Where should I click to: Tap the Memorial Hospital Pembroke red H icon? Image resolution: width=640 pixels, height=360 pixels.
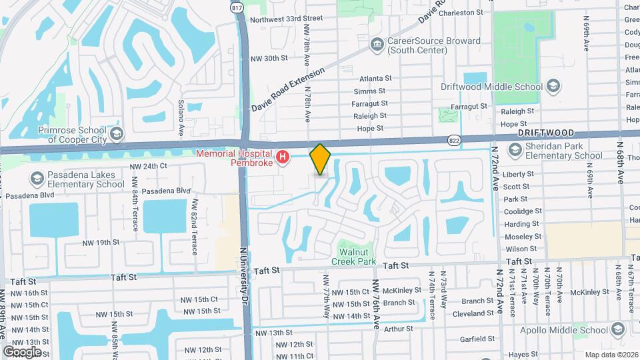(283, 157)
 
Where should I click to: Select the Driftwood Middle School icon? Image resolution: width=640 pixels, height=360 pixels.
(552, 86)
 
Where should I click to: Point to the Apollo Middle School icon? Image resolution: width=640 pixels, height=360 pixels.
(618, 329)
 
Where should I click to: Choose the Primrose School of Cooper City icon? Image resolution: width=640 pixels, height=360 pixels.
(117, 135)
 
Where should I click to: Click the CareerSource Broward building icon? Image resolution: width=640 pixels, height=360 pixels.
(377, 45)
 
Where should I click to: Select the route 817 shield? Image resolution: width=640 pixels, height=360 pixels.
(237, 7)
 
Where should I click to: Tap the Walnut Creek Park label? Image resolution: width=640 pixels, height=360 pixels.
(357, 257)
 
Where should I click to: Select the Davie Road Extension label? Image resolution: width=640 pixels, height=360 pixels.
(288, 89)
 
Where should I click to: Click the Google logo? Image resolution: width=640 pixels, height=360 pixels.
(22, 351)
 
